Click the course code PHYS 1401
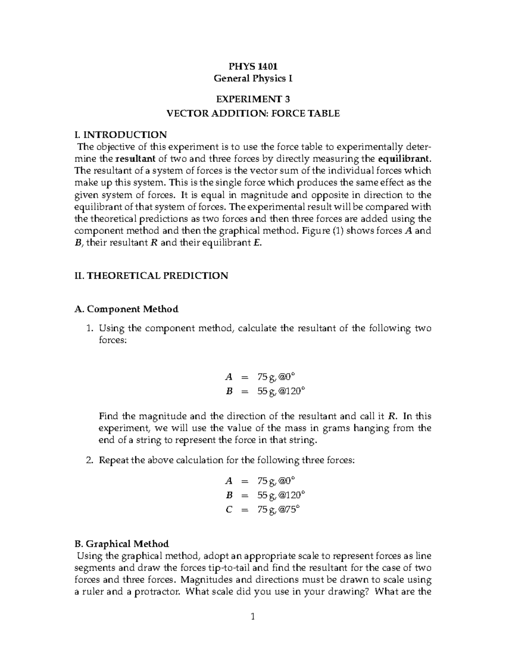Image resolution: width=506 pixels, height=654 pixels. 253,66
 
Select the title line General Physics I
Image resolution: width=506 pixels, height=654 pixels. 253,78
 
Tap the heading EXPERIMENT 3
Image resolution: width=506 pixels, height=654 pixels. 253,99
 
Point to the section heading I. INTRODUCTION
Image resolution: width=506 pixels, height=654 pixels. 120,135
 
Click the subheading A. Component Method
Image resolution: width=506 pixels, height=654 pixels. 126,309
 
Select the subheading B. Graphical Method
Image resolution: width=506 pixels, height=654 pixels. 121,544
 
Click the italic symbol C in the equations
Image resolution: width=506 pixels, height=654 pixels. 229,510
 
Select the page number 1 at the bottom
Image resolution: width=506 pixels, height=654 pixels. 253,617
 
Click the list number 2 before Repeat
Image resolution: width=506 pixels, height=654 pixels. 89,460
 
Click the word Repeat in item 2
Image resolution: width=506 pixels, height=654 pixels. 113,460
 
